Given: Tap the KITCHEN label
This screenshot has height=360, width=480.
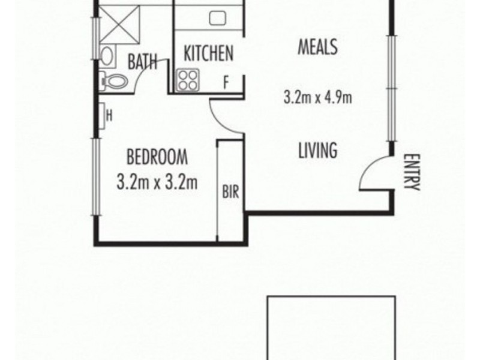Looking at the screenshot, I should coord(208,54).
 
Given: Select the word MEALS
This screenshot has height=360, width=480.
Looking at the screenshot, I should coord(318,47).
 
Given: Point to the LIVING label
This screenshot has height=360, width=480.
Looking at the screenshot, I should coord(317,150).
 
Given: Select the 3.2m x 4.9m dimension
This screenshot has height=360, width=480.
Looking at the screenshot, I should coord(317,96).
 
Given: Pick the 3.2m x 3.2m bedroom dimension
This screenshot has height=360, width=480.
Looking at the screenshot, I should coord(157,181).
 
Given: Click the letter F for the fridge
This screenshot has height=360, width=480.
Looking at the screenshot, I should coord(226,83).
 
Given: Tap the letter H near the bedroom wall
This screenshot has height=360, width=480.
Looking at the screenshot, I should coord(110,113).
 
